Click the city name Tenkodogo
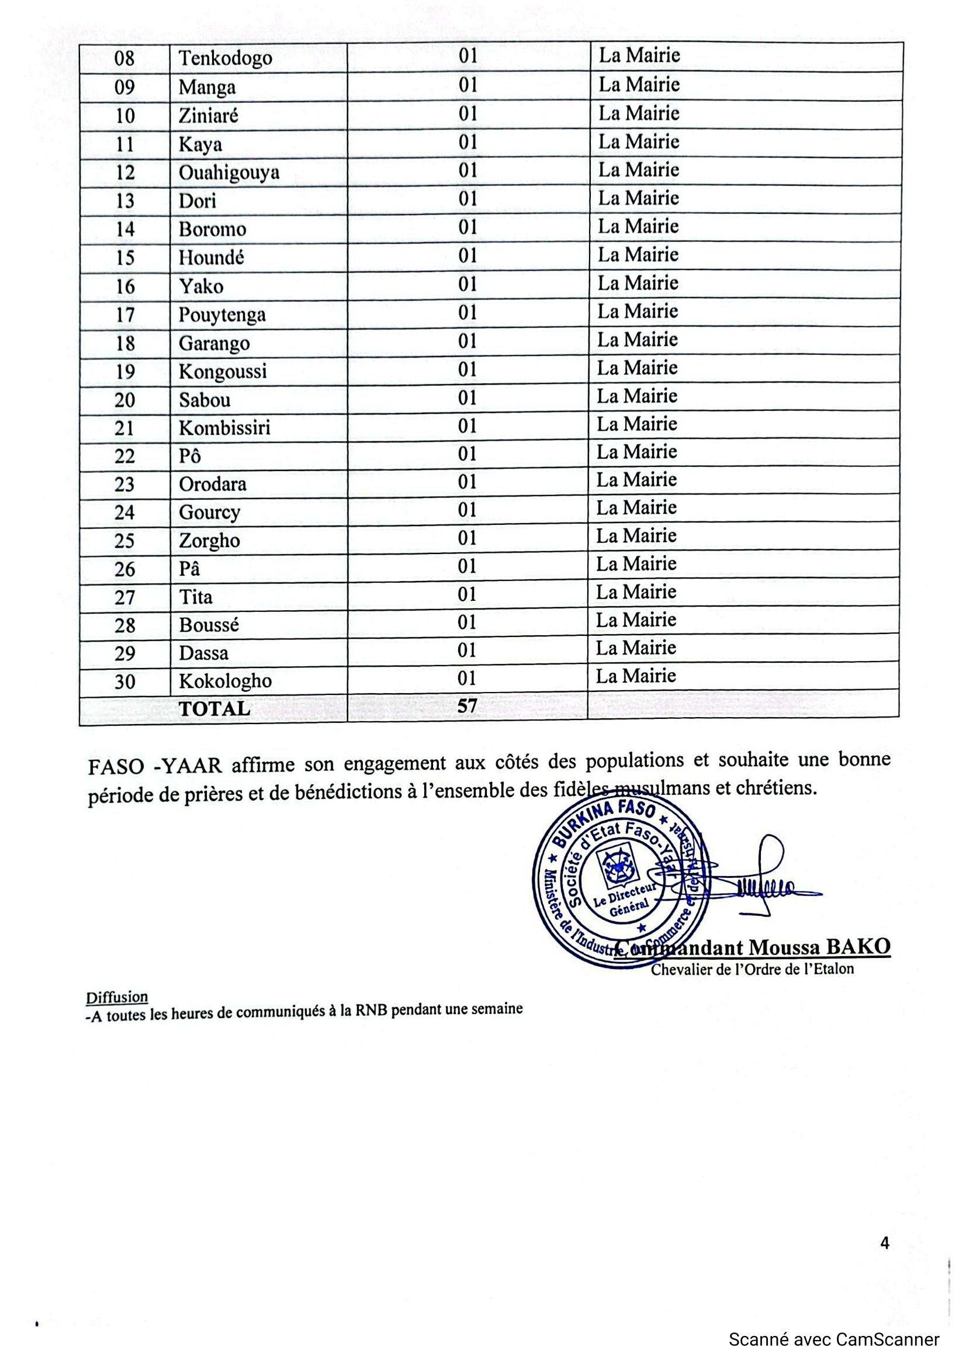[225, 58]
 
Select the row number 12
[125, 172]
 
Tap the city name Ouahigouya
[228, 172]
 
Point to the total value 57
[468, 706]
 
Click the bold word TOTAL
[214, 709]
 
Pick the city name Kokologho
[225, 681]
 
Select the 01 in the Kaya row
[468, 142]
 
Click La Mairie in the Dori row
[638, 198]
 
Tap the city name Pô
[190, 456]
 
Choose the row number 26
[124, 569]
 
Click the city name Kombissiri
[224, 428]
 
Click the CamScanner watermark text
[834, 1340]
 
